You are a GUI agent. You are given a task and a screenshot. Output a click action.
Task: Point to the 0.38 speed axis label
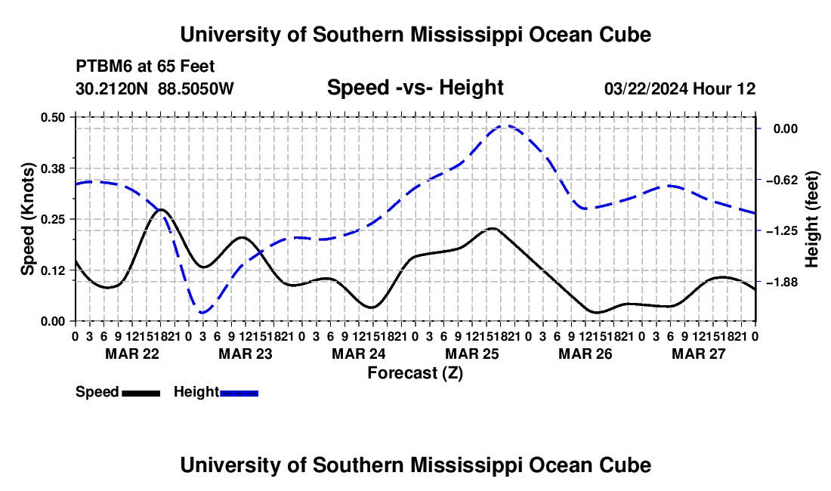tap(52, 168)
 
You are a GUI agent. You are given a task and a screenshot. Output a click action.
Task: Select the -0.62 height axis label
tap(782, 180)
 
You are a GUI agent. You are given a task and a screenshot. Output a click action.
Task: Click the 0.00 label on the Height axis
tap(786, 128)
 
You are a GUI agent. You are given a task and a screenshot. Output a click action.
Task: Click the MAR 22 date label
tap(132, 354)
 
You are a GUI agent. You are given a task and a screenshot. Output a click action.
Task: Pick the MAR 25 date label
tap(471, 354)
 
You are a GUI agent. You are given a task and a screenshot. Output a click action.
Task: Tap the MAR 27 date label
tap(699, 354)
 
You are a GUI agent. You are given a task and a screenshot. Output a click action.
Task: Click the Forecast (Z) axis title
tap(415, 373)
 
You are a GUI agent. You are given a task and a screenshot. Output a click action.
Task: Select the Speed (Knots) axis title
tap(27, 219)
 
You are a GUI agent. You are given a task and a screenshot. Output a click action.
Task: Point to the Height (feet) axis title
tap(812, 219)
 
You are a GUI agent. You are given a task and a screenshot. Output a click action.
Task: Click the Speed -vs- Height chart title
tap(415, 88)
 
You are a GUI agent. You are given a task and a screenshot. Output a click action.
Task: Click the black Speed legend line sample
tap(141, 393)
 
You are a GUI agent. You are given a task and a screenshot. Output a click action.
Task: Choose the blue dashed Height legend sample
tap(239, 393)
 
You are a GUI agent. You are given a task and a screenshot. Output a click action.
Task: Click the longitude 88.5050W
tap(196, 88)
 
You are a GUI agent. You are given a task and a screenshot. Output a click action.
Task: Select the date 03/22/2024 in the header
tap(646, 88)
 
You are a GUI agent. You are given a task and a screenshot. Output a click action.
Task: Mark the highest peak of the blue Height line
tap(505, 125)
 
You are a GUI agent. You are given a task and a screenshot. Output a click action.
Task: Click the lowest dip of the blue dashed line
tap(202, 313)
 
